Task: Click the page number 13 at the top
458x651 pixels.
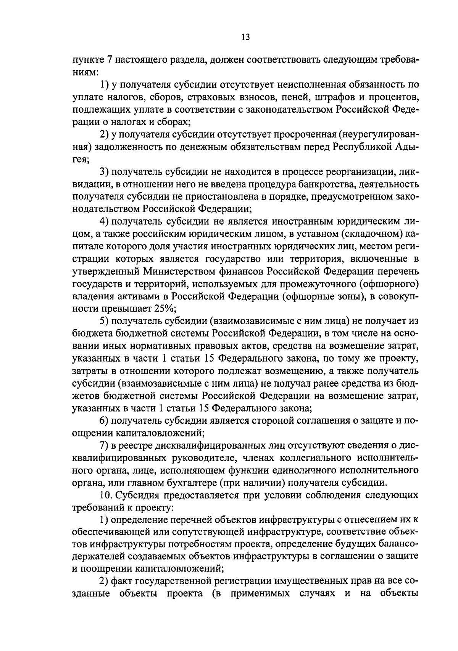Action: [x=245, y=37]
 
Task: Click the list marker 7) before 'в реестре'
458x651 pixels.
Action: [x=104, y=445]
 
